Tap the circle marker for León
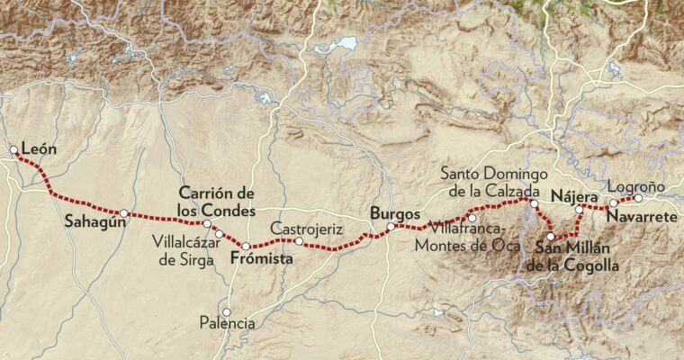click(13, 150)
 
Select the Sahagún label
click(93, 222)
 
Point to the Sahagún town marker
click(124, 213)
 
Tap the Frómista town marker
click(245, 246)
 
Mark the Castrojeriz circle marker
click(298, 241)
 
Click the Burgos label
click(395, 214)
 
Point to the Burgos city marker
click(391, 228)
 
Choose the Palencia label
click(227, 322)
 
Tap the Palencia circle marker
click(227, 311)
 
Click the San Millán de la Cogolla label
click(573, 256)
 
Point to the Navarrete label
click(638, 218)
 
